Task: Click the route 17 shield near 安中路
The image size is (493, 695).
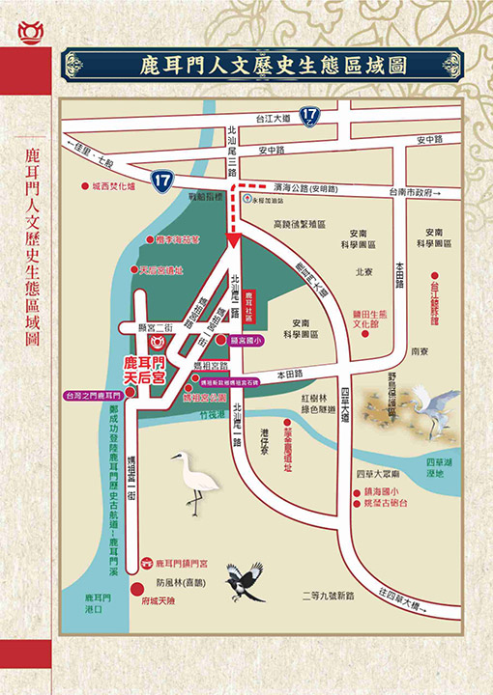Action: click(162, 179)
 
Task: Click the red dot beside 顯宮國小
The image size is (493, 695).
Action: click(220, 340)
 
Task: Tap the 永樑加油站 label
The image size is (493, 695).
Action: click(264, 203)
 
